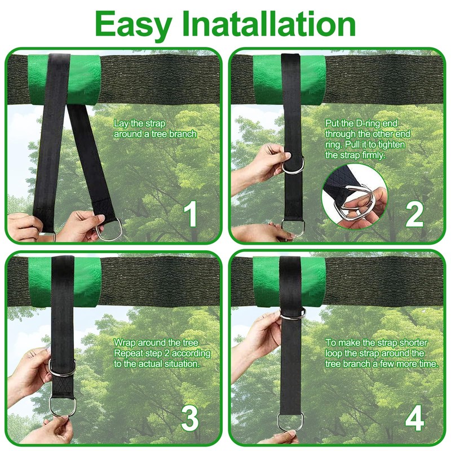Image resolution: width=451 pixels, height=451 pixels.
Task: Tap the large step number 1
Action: click(x=191, y=214)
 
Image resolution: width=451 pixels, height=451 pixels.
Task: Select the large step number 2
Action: click(x=414, y=215)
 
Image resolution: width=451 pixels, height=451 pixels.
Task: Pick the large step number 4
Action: click(x=414, y=418)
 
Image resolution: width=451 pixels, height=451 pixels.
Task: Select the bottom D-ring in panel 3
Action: click(x=63, y=406)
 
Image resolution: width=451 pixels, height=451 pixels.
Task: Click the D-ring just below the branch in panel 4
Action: click(x=293, y=314)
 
